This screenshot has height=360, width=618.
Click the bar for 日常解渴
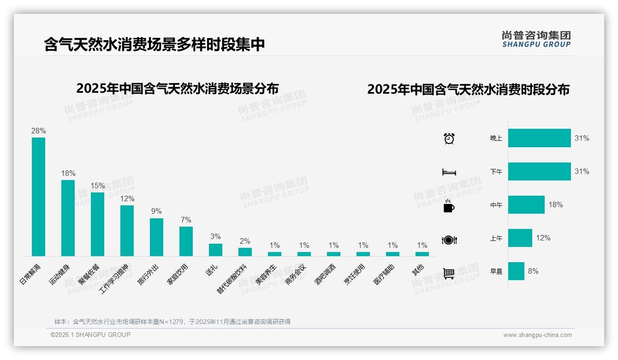point(38,197)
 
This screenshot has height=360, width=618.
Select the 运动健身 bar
point(68,218)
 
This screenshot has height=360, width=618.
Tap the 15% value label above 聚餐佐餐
point(97,186)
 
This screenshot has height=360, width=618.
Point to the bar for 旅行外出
point(156,237)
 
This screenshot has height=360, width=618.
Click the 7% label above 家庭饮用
point(186,220)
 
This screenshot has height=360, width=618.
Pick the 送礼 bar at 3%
point(215,250)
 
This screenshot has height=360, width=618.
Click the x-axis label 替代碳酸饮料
point(233,278)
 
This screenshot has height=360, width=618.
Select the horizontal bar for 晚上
point(539,138)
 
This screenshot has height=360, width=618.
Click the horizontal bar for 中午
point(526,204)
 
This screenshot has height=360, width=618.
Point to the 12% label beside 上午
point(543,238)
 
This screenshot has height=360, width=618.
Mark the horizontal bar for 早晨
point(516,271)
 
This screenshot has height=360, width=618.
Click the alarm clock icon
point(449,138)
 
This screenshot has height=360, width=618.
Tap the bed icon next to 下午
point(449,172)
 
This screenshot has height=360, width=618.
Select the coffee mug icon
point(449,206)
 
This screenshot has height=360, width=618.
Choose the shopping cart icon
point(449,273)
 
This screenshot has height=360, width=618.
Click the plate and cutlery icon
point(449,240)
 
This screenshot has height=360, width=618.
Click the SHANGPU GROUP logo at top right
point(536,39)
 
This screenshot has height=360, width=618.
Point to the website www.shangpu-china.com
point(537,335)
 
